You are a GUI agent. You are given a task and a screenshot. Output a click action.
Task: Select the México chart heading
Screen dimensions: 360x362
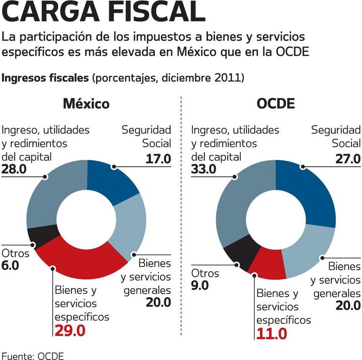[86, 104]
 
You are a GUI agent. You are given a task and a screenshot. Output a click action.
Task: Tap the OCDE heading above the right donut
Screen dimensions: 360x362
[276, 104]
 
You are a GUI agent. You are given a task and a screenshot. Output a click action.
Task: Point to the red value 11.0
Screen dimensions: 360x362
[271, 333]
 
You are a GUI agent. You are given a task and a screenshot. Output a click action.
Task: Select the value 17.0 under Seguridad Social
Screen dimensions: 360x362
[158, 159]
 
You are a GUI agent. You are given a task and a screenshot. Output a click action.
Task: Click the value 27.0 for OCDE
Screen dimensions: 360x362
[347, 159]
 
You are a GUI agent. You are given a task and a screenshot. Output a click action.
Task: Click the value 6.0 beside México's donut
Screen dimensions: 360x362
[11, 266]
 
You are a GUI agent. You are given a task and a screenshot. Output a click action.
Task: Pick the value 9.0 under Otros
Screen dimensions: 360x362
[201, 286]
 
